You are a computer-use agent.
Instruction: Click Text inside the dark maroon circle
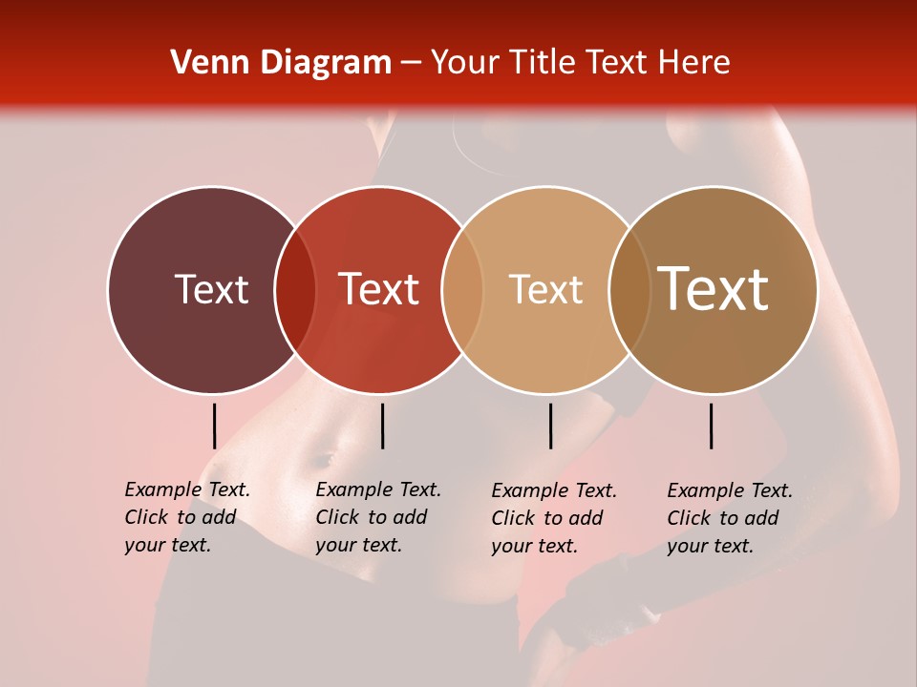coord(211,289)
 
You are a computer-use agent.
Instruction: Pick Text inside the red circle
coord(378,289)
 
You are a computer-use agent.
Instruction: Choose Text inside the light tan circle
coord(545,289)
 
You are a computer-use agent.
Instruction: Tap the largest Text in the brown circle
coord(714,289)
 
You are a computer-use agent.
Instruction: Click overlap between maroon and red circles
coord(295,289)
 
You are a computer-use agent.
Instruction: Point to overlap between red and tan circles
coord(462,289)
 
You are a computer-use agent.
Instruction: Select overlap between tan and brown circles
coord(629,289)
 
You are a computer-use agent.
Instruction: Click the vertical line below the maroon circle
coord(215,426)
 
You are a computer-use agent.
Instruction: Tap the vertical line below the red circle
coord(382,426)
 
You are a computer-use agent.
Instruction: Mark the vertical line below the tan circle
coord(550,426)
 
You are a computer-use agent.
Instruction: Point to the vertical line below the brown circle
coord(712,426)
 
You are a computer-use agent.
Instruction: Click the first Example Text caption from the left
coord(186,517)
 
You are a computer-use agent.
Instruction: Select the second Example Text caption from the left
coord(377,517)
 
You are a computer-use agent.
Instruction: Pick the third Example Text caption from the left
coord(553,518)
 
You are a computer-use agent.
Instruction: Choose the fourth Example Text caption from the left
coord(729,518)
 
